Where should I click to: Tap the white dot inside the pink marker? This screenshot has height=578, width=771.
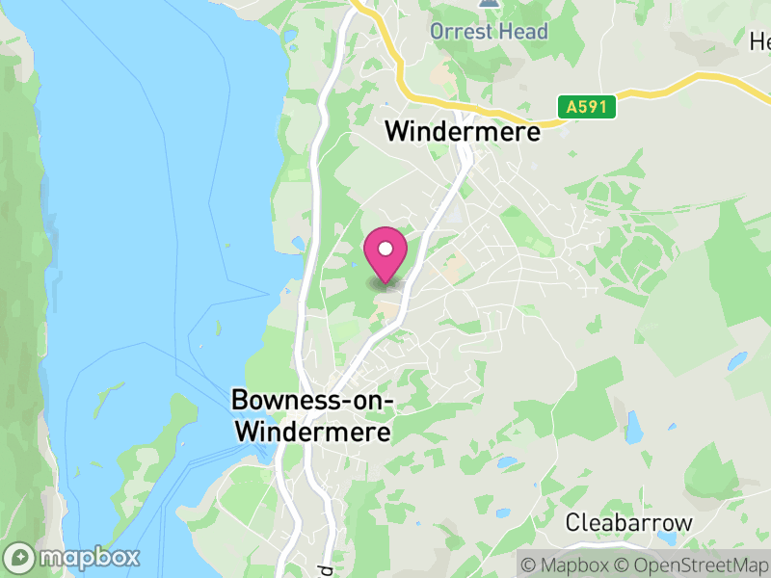pyautogui.click(x=385, y=250)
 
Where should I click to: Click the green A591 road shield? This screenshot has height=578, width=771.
pyautogui.click(x=586, y=107)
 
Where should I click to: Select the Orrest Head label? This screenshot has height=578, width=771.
pyautogui.click(x=489, y=31)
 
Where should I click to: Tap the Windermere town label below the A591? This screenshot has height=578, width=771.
pyautogui.click(x=463, y=132)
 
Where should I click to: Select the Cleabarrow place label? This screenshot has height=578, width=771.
pyautogui.click(x=628, y=523)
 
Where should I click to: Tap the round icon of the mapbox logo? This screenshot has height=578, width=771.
pyautogui.click(x=19, y=557)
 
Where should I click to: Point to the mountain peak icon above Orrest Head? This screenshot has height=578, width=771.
pyautogui.click(x=489, y=5)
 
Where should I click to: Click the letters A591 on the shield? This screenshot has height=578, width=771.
pyautogui.click(x=586, y=107)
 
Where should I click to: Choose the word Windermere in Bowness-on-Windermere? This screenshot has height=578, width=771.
pyautogui.click(x=313, y=433)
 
